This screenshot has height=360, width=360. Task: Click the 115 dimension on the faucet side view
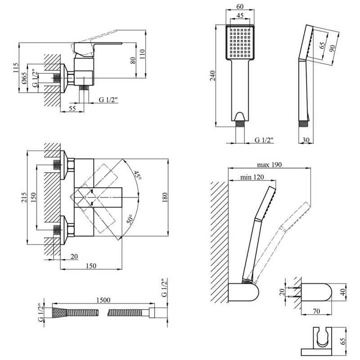pos(15,69)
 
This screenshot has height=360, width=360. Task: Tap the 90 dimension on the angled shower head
pos(333,48)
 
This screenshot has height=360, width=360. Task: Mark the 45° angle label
pos(137,176)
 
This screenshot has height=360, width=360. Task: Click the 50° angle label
pos(131,220)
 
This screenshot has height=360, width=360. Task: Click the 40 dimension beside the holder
pos(342,292)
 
